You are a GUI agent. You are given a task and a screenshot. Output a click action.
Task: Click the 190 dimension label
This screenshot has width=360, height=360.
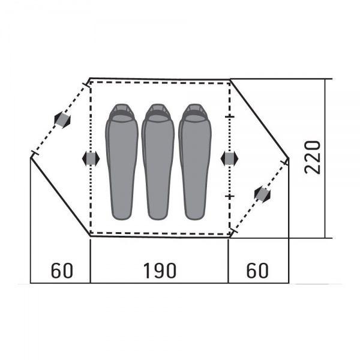160,271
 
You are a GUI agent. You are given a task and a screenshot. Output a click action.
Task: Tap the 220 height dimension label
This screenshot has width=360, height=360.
312,157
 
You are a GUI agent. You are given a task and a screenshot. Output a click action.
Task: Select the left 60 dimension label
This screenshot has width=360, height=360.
62,271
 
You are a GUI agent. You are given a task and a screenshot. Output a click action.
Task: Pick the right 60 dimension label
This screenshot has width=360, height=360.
257,271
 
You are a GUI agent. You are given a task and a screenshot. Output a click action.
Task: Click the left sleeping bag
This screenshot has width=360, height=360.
122,162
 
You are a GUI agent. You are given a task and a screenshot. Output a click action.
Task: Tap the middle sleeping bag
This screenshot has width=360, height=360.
158,162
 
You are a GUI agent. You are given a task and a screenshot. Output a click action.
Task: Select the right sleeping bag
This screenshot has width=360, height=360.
194,162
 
